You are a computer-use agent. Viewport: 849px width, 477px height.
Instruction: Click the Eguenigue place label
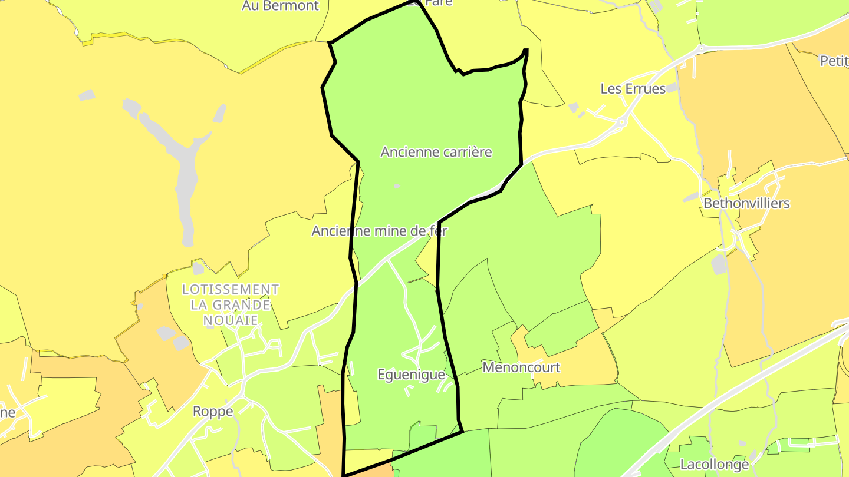pyautogui.click(x=411, y=375)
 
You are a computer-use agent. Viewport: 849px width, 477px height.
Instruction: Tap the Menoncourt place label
pyautogui.click(x=521, y=367)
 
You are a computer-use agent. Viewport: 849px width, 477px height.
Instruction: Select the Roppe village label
pyautogui.click(x=213, y=412)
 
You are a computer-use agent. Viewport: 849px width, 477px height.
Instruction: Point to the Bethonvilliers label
pyautogui.click(x=746, y=204)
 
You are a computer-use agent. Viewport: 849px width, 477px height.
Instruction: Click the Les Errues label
pyautogui.click(x=633, y=89)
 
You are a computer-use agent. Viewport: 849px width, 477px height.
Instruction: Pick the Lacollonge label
pyautogui.click(x=715, y=464)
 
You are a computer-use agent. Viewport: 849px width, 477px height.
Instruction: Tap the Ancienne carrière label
pyautogui.click(x=436, y=152)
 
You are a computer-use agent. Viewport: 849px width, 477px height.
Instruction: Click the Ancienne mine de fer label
pyautogui.click(x=380, y=231)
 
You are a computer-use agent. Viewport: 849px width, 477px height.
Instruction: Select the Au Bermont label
pyautogui.click(x=280, y=6)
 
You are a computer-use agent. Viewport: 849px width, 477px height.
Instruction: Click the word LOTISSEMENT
pyautogui.click(x=231, y=290)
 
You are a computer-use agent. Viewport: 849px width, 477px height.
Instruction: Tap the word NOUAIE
pyautogui.click(x=231, y=320)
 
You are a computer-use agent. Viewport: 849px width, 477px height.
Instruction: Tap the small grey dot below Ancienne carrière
pyautogui.click(x=397, y=186)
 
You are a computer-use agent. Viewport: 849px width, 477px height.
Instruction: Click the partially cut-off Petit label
pyautogui.click(x=834, y=61)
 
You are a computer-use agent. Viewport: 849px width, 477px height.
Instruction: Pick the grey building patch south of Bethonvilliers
pyautogui.click(x=719, y=264)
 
